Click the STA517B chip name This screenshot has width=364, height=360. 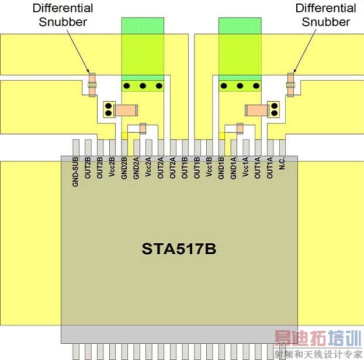point(179,249)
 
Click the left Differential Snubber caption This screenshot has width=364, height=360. point(63,15)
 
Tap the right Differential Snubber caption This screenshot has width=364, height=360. point(325,15)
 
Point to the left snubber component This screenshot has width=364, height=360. point(92,84)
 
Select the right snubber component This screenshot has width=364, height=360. point(291,84)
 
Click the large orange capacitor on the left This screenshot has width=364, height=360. point(125,109)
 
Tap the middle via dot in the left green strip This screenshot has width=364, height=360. point(142,86)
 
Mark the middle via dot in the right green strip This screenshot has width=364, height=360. point(240,86)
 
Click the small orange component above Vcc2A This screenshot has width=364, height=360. point(143,128)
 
